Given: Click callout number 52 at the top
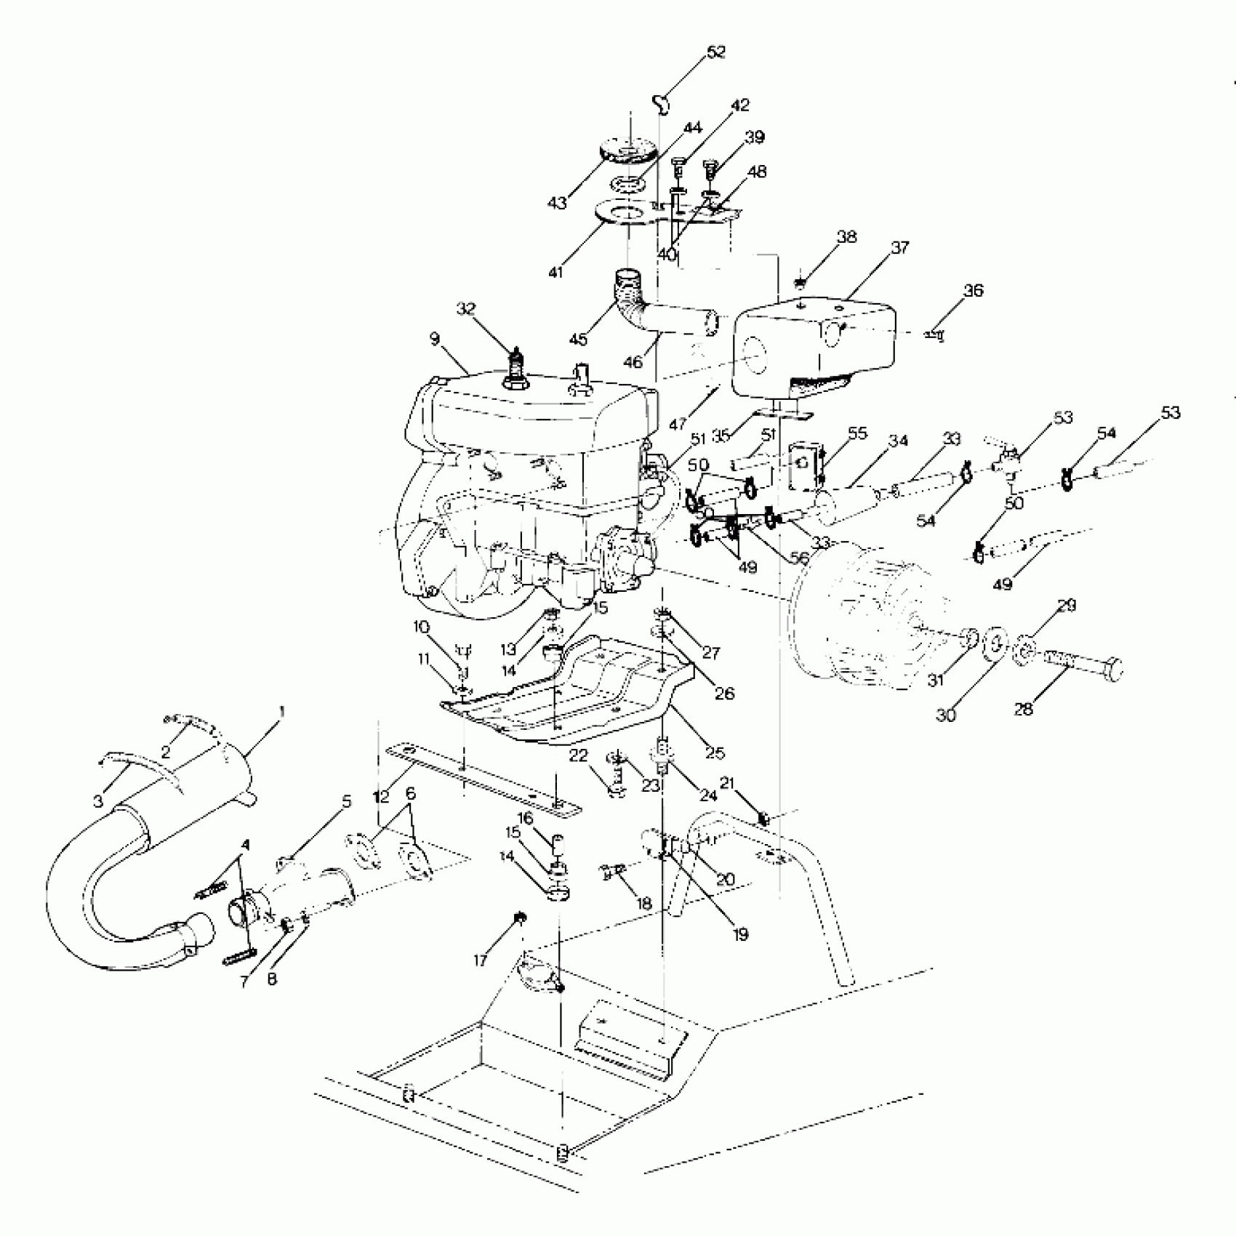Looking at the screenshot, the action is click(x=715, y=52).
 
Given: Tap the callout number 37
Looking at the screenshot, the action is click(x=899, y=247).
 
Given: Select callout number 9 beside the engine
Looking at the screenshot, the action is click(x=435, y=338).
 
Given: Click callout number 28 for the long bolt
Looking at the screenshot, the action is click(x=1023, y=709).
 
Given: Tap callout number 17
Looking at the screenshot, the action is click(x=480, y=960).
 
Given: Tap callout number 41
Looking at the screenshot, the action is click(x=556, y=272).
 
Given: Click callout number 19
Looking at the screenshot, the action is click(x=740, y=934).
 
